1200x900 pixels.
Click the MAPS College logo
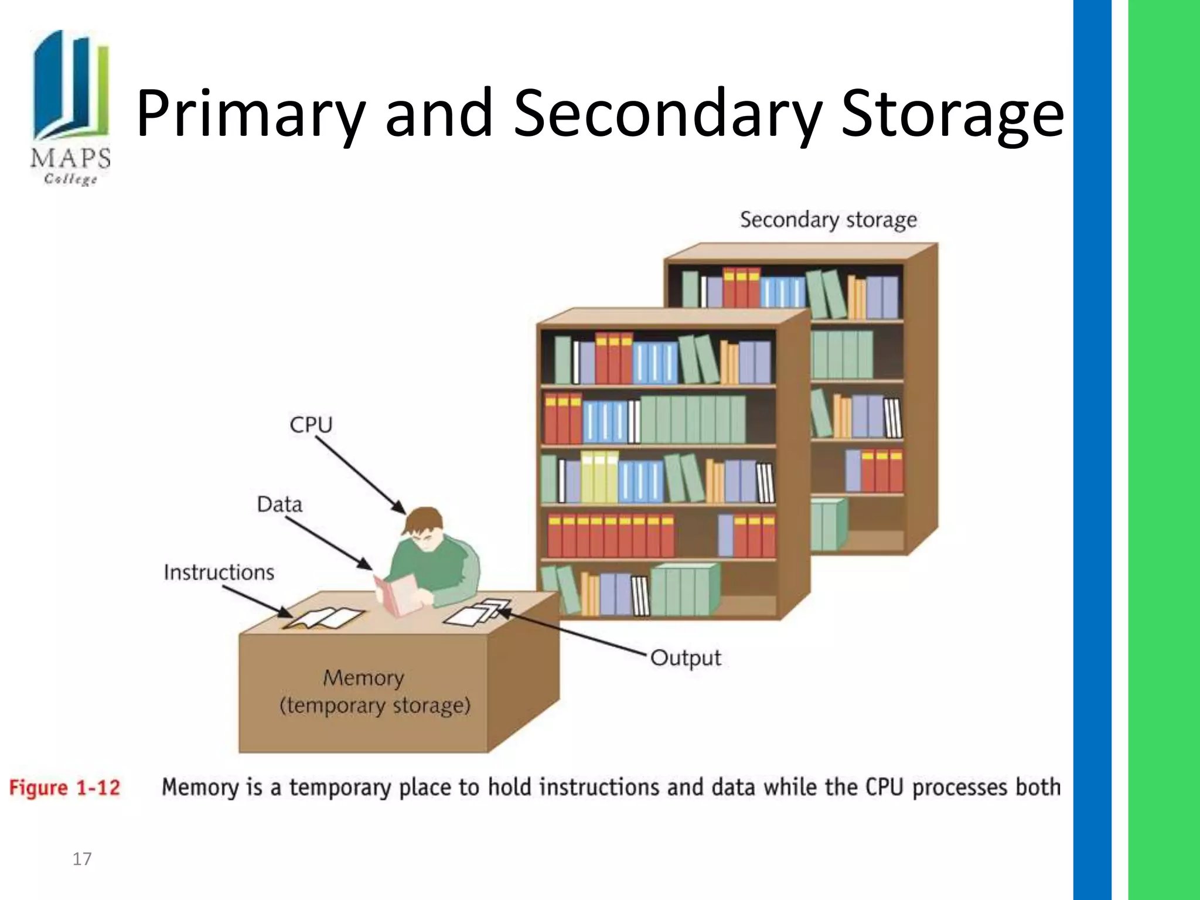pyautogui.click(x=70, y=107)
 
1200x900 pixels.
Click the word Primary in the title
pyautogui.click(x=250, y=113)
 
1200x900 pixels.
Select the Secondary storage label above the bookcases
pyautogui.click(x=828, y=220)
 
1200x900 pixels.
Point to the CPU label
pyautogui.click(x=311, y=424)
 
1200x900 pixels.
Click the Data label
pyautogui.click(x=279, y=504)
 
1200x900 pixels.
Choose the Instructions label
pyautogui.click(x=219, y=572)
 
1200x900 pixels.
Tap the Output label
pyautogui.click(x=685, y=658)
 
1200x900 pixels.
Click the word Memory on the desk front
pyautogui.click(x=363, y=678)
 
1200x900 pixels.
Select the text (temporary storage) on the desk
pyautogui.click(x=375, y=705)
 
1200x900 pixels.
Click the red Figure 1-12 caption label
pyautogui.click(x=64, y=787)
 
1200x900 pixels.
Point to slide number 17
pyautogui.click(x=81, y=859)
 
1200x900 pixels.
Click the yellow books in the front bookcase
pyautogui.click(x=599, y=476)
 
